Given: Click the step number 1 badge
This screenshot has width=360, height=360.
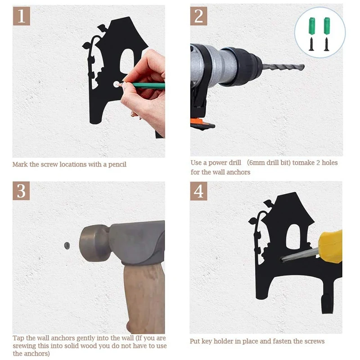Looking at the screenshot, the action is [x=22, y=16].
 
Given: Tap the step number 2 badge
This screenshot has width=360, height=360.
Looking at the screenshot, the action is [x=199, y=16].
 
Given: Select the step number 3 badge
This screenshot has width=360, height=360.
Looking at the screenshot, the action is [x=21, y=191].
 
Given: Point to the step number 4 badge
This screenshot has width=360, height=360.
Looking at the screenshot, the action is [x=199, y=191].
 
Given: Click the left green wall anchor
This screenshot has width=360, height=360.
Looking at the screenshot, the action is [x=311, y=26].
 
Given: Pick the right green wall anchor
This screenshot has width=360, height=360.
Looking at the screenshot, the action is [x=327, y=26].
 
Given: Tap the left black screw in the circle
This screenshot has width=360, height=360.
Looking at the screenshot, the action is [x=311, y=44].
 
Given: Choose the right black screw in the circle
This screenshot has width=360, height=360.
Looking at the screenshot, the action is [x=326, y=44].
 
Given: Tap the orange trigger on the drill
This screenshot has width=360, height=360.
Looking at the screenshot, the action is [x=198, y=121].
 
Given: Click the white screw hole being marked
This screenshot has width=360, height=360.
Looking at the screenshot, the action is [x=117, y=84].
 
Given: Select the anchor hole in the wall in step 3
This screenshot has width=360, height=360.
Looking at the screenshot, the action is [x=67, y=245].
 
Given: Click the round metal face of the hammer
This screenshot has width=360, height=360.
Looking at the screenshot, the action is [x=94, y=243].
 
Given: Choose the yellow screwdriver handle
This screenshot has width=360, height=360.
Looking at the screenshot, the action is [x=330, y=247].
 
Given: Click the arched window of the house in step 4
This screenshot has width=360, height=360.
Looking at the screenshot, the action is [x=293, y=237].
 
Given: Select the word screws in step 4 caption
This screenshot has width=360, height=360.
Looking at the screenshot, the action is [x=316, y=341].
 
